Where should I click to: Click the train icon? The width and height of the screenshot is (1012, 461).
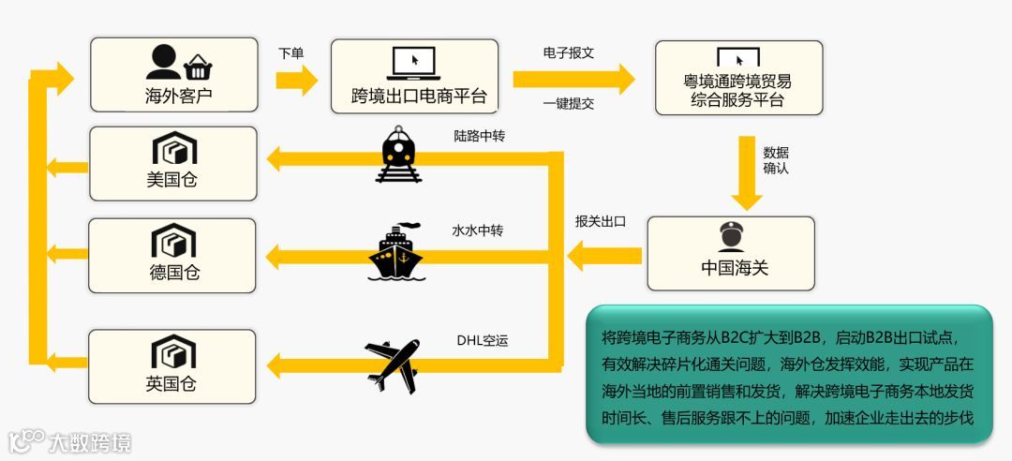pyautogui.click(x=400, y=156)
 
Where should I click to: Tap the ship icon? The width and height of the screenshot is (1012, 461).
pyautogui.click(x=397, y=252)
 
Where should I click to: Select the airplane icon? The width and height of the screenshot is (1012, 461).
pyautogui.click(x=393, y=364)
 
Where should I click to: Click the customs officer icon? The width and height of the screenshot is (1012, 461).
pyautogui.click(x=731, y=237)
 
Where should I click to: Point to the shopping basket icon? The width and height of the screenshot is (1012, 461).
pyautogui.click(x=197, y=66)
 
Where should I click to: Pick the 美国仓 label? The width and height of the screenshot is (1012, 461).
pyautogui.click(x=172, y=179)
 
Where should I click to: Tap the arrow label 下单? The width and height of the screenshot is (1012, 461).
pyautogui.click(x=291, y=53)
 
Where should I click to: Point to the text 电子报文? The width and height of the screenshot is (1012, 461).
pyautogui.click(x=568, y=53)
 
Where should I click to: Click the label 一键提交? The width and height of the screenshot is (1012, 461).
pyautogui.click(x=568, y=104)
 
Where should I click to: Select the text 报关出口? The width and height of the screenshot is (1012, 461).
pyautogui.click(x=600, y=222)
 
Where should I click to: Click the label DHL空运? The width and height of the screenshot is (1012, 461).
pyautogui.click(x=482, y=340)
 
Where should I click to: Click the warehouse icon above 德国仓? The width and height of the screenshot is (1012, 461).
pyautogui.click(x=173, y=242)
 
